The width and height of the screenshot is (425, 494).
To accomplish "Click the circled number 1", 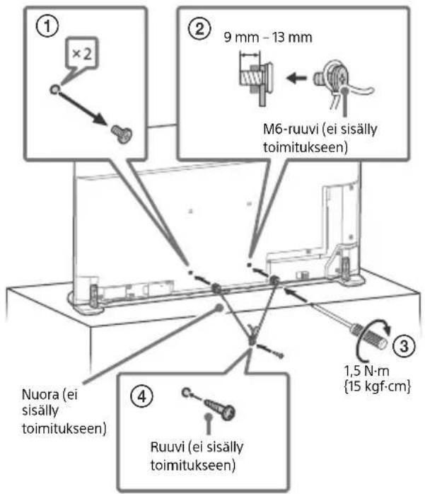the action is point(47,26).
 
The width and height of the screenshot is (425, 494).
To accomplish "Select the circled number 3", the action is point(404,345).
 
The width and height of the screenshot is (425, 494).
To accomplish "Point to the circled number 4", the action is point(142,396).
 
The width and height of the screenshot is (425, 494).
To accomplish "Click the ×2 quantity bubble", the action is point(82,54).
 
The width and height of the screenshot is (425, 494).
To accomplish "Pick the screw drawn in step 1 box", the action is point(122,134).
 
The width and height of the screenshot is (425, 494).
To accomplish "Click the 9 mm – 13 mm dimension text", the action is point(268,38).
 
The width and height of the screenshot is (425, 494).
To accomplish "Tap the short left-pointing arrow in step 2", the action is point(296,77).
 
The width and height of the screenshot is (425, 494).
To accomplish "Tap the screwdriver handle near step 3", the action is point(369,336).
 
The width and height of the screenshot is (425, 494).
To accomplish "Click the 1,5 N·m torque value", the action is point(366,371).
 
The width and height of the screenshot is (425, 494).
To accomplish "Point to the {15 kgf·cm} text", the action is point(378,386).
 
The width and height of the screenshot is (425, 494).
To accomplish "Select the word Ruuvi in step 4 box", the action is point(167,447).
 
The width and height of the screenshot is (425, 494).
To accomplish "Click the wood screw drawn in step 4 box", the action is point(219,408).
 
